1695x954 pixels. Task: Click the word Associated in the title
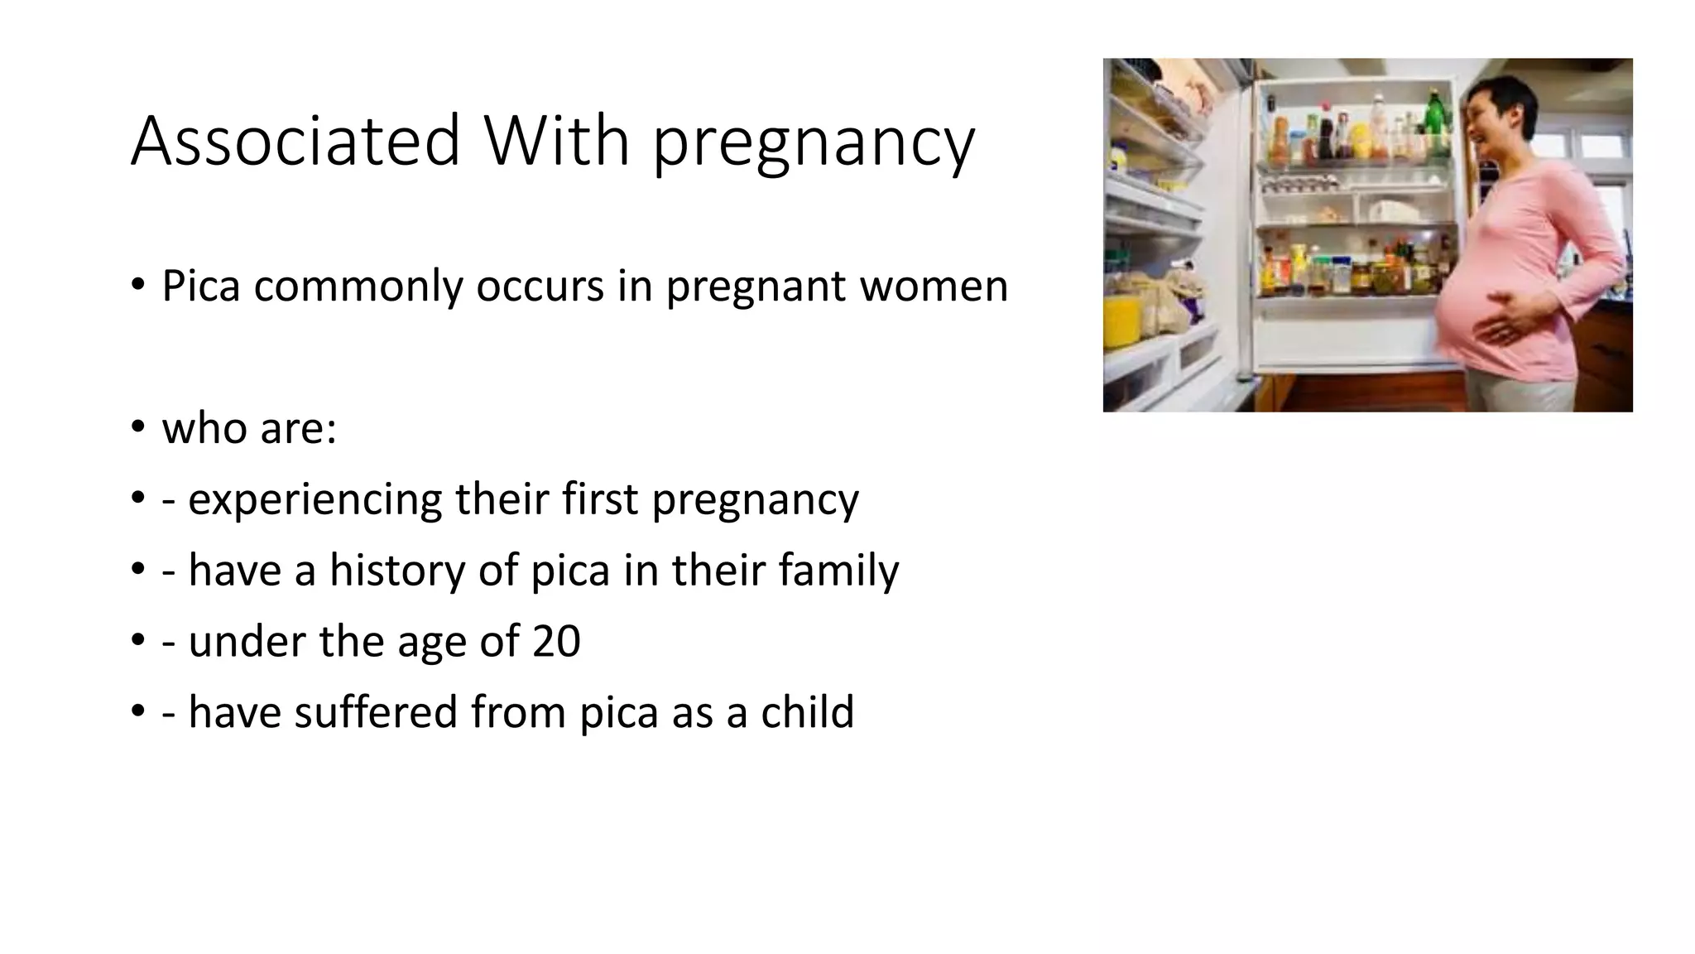pos(295,141)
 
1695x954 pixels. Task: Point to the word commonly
pos(358,288)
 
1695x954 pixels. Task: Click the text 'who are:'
pos(249,429)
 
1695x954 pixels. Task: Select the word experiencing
pos(315,500)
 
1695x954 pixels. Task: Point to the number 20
pos(555,642)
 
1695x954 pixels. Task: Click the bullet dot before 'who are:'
pos(137,429)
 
